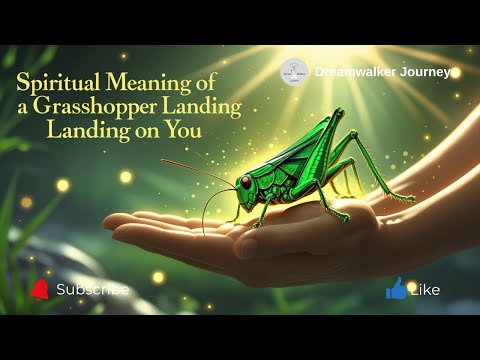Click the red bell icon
click(x=40, y=289)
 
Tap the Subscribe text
click(x=92, y=290)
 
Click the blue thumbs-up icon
click(x=396, y=289)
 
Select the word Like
click(x=425, y=290)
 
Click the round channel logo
click(x=293, y=72)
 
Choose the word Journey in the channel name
click(x=426, y=72)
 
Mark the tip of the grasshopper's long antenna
click(x=162, y=159)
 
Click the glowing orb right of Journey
click(x=455, y=72)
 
